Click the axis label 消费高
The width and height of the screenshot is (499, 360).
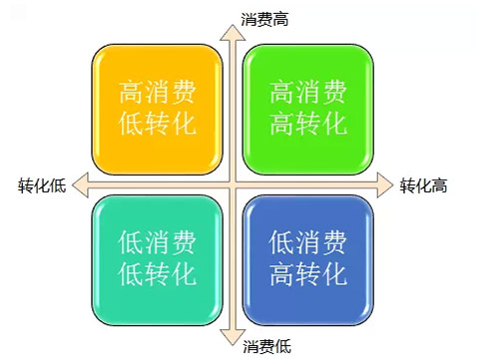(x=264, y=18)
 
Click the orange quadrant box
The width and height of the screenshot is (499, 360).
(x=157, y=109)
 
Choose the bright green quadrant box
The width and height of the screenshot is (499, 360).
(x=308, y=109)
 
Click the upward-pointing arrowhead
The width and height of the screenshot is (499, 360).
(x=233, y=30)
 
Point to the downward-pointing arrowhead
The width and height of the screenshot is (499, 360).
(x=233, y=335)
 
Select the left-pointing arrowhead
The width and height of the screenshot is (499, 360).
(x=80, y=183)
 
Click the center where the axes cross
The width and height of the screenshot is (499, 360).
(x=233, y=183)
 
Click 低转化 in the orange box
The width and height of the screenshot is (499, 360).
(x=157, y=124)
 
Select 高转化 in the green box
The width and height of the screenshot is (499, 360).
(x=308, y=124)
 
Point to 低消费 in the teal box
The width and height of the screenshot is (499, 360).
(x=157, y=242)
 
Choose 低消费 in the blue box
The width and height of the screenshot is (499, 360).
(x=308, y=242)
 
